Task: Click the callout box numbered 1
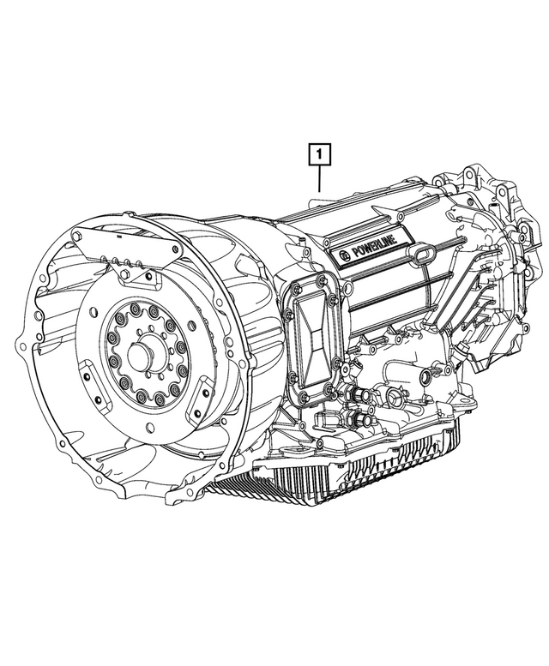pos(318,155)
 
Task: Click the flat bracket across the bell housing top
pos(129,249)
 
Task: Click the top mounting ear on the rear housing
pos(472,176)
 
